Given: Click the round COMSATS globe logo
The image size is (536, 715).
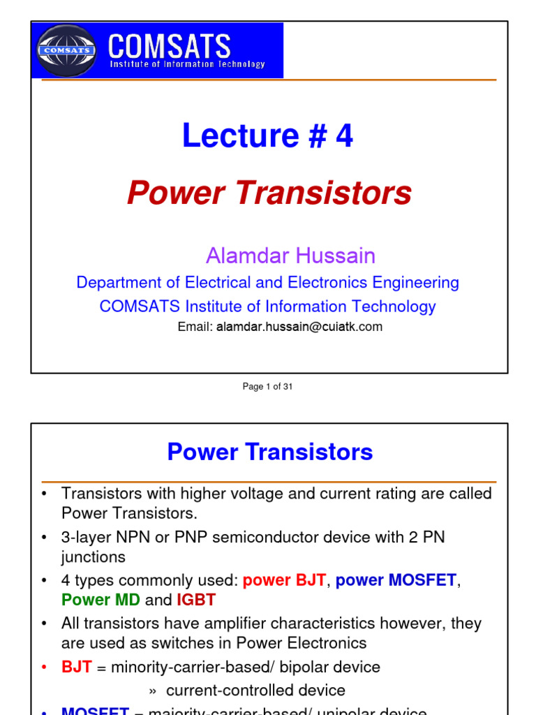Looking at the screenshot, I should tap(67, 50).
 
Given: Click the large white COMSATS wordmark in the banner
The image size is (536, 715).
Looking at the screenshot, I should tap(170, 47).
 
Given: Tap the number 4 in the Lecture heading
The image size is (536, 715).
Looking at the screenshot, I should tap(344, 136).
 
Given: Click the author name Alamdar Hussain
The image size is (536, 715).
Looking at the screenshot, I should tap(290, 256).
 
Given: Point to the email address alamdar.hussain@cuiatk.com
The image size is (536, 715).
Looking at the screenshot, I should tap(299, 327).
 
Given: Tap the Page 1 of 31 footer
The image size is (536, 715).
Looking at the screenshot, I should tap(268, 386).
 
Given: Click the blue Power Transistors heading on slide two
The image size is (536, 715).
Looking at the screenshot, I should tap(270, 452).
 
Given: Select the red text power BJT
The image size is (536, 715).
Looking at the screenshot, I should tap(284, 580).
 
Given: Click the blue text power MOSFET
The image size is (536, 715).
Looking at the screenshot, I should tap(396, 580).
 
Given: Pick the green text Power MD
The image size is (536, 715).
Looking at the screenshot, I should tap(100, 600).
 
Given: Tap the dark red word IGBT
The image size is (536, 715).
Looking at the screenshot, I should tap(196, 600).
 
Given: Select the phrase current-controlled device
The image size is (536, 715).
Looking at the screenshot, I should tap(255, 691).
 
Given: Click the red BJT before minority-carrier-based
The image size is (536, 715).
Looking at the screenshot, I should tap(76, 667).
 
